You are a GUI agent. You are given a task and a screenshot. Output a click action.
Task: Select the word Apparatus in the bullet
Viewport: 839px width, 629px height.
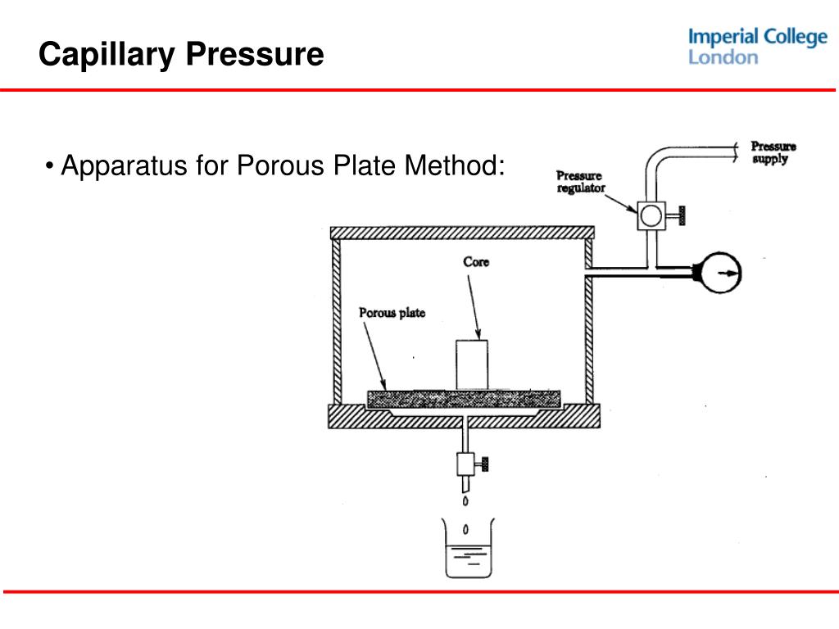coord(124,167)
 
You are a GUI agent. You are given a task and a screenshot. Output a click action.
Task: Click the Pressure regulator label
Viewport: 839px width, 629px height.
coord(580,181)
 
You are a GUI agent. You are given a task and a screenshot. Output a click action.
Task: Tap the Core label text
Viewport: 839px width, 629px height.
coord(476,262)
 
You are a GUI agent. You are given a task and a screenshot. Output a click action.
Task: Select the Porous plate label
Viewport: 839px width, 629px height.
coord(392,313)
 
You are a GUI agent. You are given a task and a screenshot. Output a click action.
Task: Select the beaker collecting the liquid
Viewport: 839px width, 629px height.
coord(465,550)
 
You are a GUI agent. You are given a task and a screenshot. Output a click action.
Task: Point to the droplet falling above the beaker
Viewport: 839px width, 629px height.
coord(465,501)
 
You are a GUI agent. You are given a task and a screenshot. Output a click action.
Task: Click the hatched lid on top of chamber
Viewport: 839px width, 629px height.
coord(461,233)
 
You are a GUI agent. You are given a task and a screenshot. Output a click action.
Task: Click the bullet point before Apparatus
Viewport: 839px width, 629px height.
coord(51,168)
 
